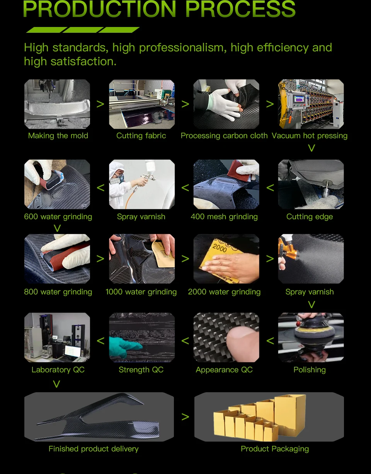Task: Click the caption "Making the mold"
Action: coord(58,136)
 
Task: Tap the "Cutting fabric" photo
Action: coord(142,104)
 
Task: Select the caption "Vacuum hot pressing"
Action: coord(310,136)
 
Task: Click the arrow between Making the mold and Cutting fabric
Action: coord(100,104)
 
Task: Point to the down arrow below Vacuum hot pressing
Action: coord(311,148)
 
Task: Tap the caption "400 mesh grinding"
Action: coord(224,217)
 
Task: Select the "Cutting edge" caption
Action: coord(310,217)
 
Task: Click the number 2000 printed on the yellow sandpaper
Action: coord(220,248)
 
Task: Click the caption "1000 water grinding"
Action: coord(141,292)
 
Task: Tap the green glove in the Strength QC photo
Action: coord(124,346)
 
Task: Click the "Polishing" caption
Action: coord(310,370)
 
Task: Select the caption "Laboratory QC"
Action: coord(58,370)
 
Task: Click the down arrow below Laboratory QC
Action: coord(56,384)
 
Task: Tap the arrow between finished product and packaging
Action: coord(185,417)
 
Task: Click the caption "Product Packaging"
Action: coord(275,449)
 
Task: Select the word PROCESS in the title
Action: coord(240,9)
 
